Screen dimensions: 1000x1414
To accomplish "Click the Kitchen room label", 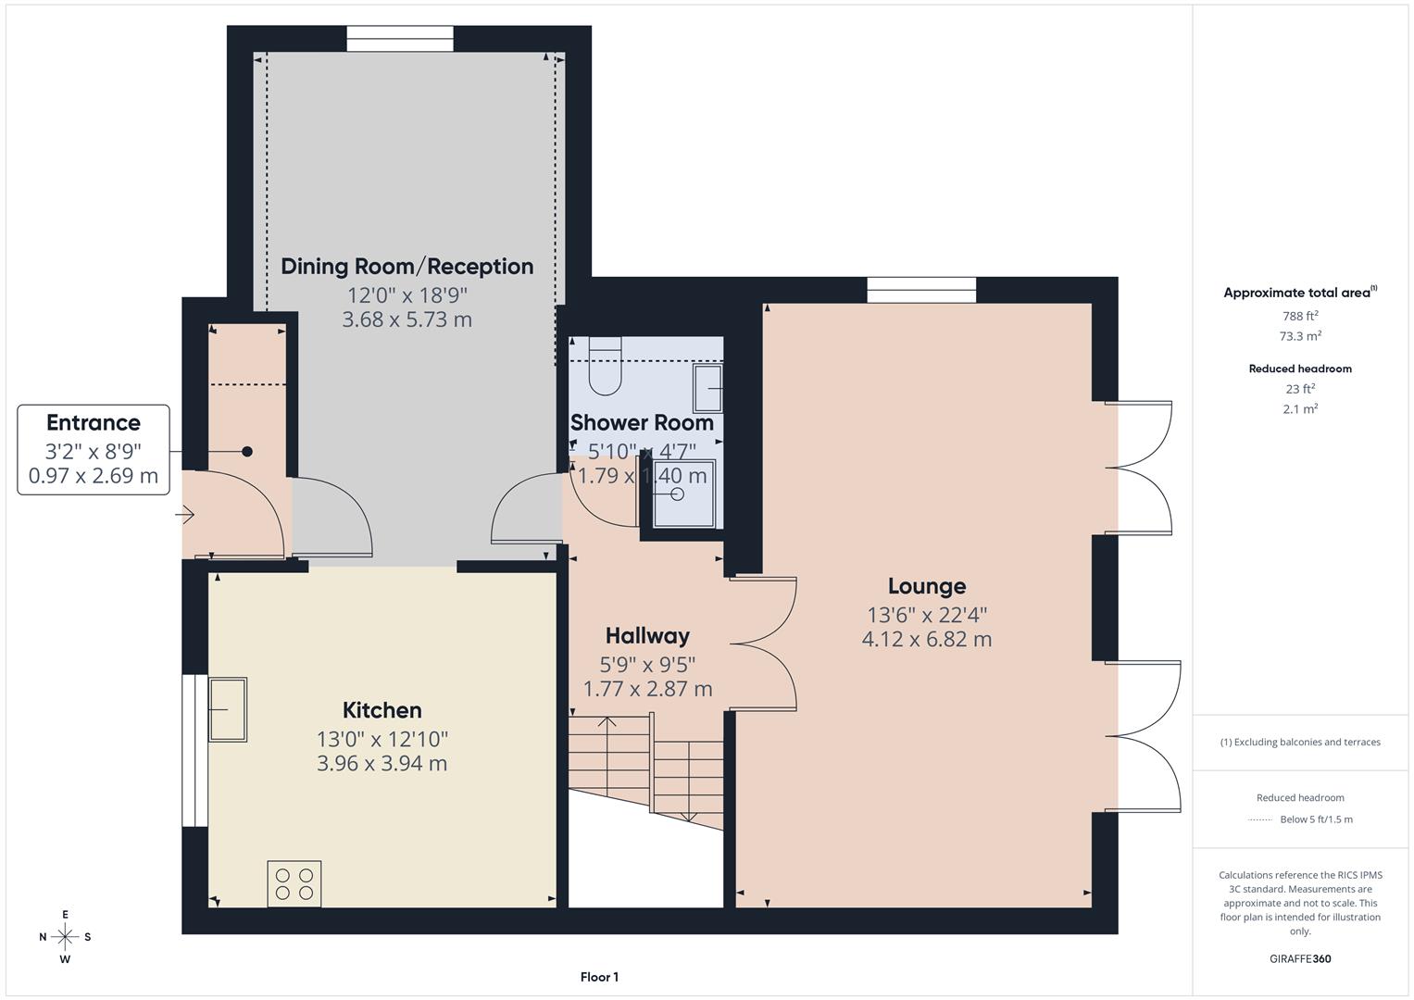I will [382, 710].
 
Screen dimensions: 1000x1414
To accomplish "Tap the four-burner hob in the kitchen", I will [294, 883].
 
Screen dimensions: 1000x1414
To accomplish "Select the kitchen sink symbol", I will [228, 709].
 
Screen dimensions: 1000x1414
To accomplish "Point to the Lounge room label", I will [926, 586].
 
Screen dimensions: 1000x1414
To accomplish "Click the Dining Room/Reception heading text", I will [407, 267].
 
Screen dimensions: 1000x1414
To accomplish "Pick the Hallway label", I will [647, 636].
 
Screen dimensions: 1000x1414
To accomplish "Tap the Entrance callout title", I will [94, 423].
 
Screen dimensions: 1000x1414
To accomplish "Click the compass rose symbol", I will [65, 937].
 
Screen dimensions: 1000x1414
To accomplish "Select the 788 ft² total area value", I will [1300, 316].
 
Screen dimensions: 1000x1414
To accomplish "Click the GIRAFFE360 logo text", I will [1300, 958].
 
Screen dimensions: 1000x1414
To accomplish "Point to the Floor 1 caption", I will [599, 977].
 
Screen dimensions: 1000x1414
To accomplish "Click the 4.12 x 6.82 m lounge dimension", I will [926, 639].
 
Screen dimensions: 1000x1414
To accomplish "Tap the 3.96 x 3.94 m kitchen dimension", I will [382, 763].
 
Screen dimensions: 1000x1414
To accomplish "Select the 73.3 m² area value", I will [1300, 336].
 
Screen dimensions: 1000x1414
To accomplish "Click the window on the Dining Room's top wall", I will [400, 39].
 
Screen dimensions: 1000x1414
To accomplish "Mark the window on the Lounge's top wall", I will [921, 290].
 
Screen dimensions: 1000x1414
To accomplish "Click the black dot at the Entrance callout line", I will [247, 452].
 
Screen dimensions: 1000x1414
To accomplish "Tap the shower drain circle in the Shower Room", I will [677, 494].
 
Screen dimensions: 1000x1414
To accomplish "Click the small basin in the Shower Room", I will [708, 388].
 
